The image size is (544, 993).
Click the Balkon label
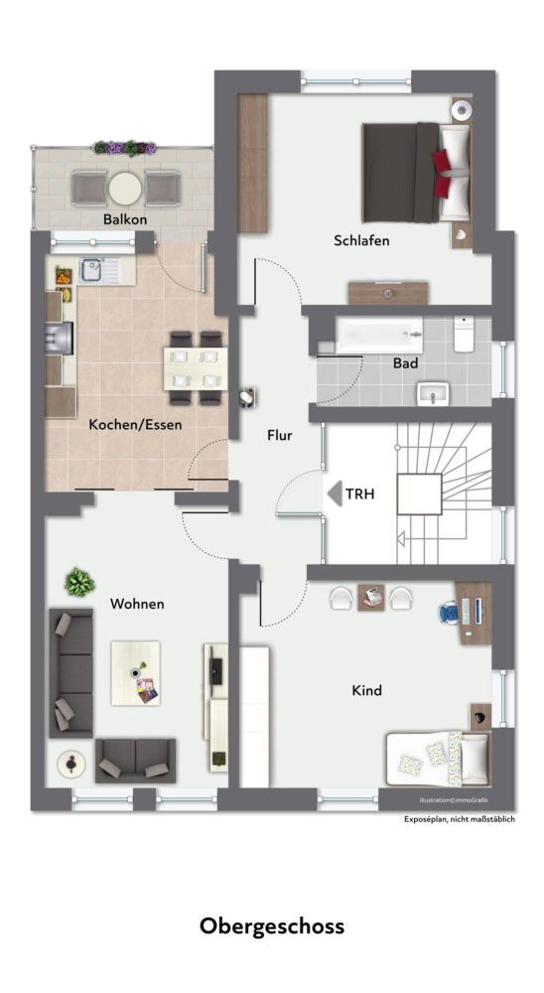tap(124, 218)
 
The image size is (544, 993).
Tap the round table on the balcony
tap(125, 187)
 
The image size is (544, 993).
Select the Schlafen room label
tap(361, 240)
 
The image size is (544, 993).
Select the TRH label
tap(358, 493)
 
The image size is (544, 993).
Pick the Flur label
tap(278, 435)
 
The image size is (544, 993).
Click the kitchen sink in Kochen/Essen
tap(95, 268)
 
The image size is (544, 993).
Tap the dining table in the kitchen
tap(195, 368)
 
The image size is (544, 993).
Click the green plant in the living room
tap(78, 581)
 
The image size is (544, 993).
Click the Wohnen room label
tap(137, 603)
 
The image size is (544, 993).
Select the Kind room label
tap(366, 690)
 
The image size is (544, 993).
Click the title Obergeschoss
tap(272, 926)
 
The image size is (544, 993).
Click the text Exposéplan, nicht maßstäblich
tap(459, 819)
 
